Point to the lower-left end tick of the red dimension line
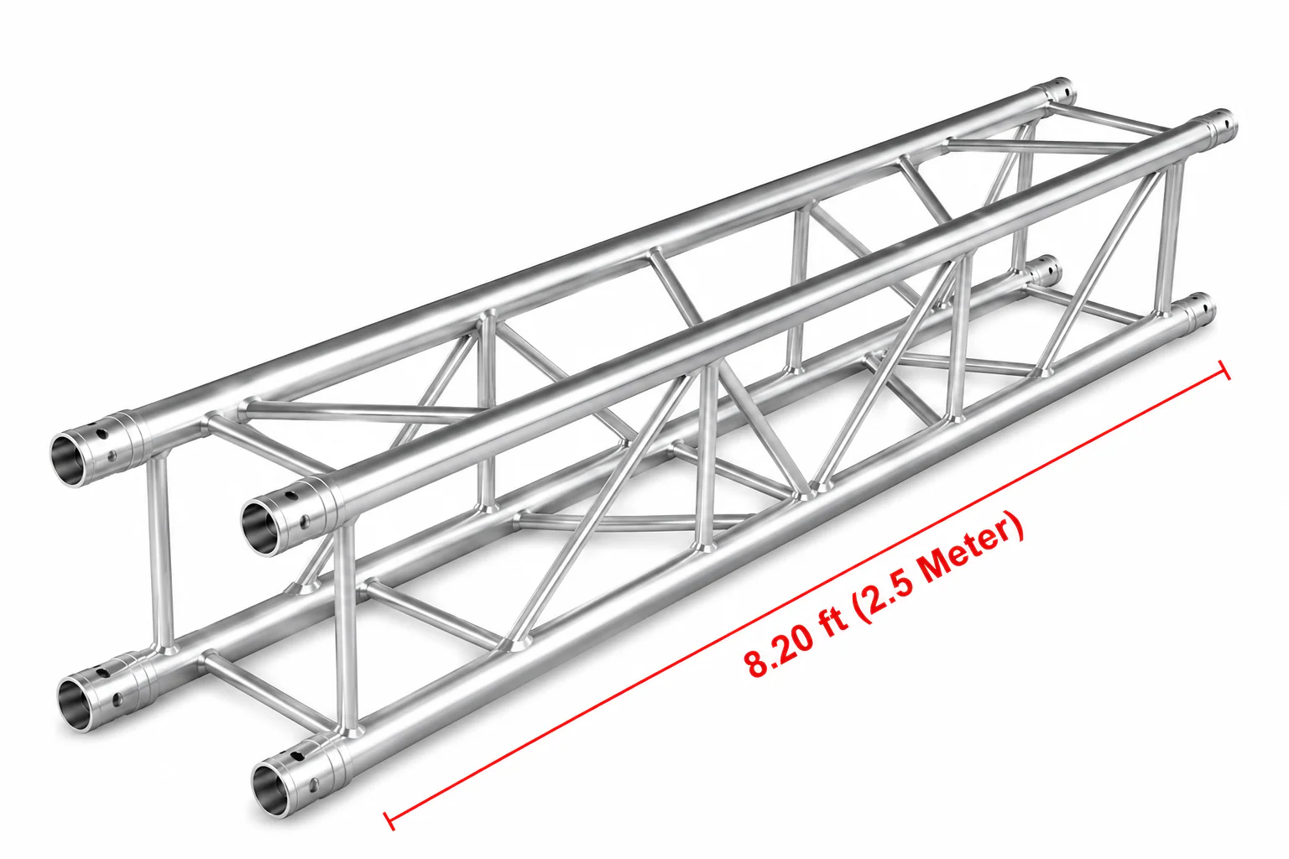pyautogui.click(x=389, y=820)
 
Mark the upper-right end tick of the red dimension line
pyautogui.click(x=1225, y=371)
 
